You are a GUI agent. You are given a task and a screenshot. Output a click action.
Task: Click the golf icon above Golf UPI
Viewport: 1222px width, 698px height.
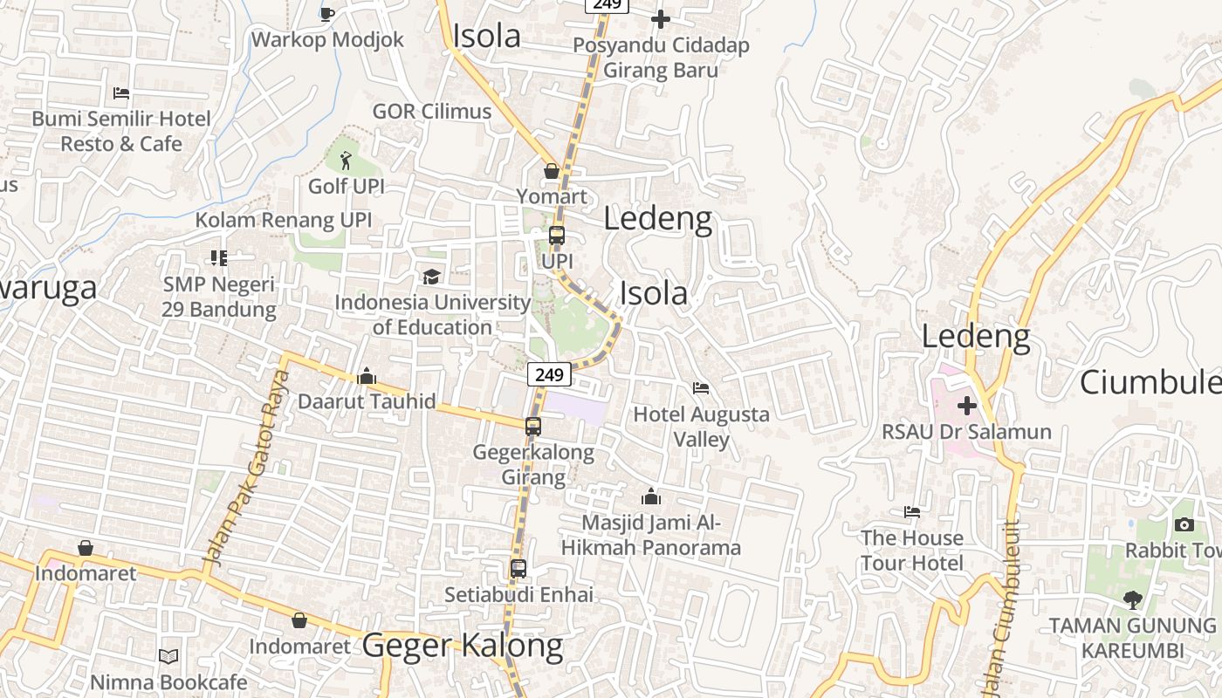click(347, 161)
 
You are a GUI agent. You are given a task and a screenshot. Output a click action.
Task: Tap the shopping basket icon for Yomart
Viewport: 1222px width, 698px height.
click(552, 171)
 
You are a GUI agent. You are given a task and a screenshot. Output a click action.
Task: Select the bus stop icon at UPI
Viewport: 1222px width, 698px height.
click(557, 236)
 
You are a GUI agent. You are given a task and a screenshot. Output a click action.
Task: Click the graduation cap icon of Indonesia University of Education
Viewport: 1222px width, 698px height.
click(431, 277)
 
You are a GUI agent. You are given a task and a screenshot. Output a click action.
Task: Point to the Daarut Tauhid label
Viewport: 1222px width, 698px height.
click(367, 401)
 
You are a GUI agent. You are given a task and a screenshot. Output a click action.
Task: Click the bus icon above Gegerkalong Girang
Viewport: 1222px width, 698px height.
click(532, 427)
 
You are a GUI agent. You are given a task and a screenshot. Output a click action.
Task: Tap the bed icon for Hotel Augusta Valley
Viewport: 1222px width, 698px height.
click(701, 388)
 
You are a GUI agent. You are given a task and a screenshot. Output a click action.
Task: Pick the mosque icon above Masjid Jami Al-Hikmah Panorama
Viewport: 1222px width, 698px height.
click(650, 497)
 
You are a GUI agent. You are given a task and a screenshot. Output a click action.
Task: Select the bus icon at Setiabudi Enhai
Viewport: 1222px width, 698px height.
click(518, 569)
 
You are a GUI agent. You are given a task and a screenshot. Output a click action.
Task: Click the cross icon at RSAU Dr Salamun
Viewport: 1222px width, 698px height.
click(966, 406)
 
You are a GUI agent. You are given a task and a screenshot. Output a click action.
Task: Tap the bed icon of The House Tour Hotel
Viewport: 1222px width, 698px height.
click(912, 512)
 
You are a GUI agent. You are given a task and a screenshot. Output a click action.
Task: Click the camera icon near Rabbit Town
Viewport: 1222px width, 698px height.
click(1184, 524)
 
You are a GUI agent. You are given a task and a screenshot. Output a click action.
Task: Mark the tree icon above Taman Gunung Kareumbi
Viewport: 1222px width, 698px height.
click(1132, 600)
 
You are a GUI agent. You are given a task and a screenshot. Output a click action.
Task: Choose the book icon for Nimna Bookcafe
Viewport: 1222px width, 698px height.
click(168, 656)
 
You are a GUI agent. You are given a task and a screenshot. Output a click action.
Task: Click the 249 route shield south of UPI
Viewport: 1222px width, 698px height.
click(549, 374)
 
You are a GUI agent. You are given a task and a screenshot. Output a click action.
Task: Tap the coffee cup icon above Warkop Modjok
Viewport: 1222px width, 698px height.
click(327, 13)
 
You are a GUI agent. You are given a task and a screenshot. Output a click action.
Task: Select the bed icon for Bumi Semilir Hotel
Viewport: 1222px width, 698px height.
click(121, 93)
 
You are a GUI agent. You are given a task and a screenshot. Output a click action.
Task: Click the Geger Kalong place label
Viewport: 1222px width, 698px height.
click(463, 646)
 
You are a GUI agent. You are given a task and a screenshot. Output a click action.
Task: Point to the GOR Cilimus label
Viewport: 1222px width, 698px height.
click(432, 111)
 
